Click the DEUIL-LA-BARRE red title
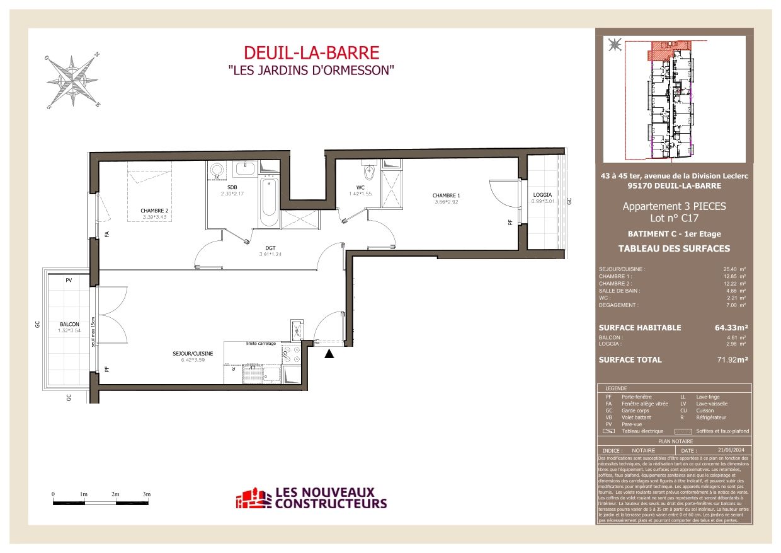tap(311, 53)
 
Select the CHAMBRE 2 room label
tap(154, 211)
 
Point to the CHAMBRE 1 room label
tap(447, 195)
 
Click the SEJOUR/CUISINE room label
tap(193, 354)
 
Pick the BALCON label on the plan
tap(70, 323)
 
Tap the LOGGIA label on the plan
tap(542, 195)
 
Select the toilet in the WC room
tap(369, 172)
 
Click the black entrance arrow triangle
tap(328, 354)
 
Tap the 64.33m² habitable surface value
tap(726, 328)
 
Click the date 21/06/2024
tap(729, 450)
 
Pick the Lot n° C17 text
tap(674, 219)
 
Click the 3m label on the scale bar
tap(147, 494)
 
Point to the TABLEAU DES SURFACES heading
tap(674, 248)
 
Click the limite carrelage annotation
tap(261, 344)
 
